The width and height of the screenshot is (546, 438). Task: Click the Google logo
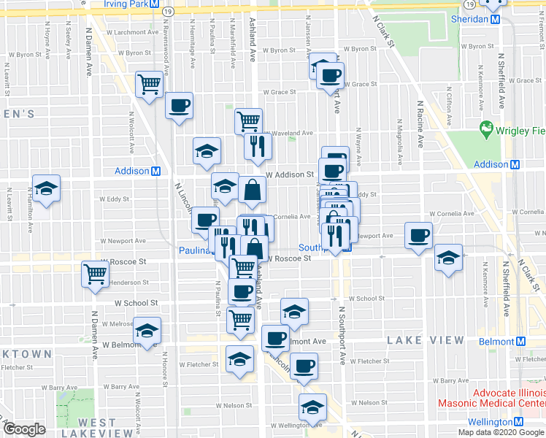[x=25, y=429]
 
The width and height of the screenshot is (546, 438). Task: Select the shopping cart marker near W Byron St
[x=150, y=85]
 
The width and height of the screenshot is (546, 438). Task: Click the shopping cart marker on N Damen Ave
[x=96, y=274]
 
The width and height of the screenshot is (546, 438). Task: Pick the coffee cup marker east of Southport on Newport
[x=419, y=235]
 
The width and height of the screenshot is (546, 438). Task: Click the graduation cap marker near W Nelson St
[x=312, y=406]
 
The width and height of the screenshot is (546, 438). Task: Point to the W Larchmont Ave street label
[x=132, y=32]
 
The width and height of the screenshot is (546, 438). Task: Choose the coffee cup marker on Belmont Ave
[x=276, y=338]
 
